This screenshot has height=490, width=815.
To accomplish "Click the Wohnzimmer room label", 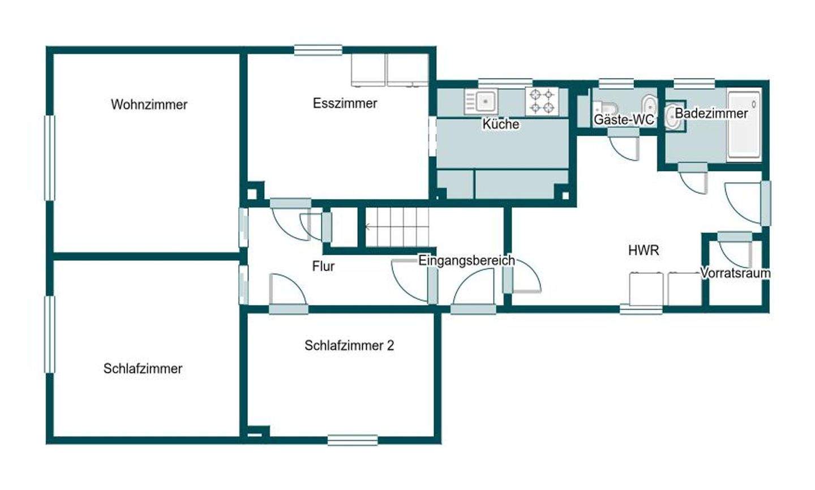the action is point(149,105).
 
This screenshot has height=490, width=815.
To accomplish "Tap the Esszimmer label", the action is point(345,104).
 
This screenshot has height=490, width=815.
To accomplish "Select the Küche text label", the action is point(501,124).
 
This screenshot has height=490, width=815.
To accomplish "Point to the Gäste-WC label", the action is point(624,119).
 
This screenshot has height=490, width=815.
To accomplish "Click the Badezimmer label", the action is point(711,114).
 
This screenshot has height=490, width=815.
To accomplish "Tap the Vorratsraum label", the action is point(735,273).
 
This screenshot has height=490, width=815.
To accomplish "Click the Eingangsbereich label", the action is point(466,260).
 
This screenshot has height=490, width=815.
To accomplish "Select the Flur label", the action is point(323,267).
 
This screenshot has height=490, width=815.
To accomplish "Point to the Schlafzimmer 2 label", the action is point(349,346).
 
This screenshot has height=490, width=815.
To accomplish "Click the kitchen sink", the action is point(481,101).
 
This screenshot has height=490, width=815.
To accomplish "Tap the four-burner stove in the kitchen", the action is point(542,101).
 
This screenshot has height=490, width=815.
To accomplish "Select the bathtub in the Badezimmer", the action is point(744,125).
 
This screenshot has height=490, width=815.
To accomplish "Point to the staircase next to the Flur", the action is point(397,227).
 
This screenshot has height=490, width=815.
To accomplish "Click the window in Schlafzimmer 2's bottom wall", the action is point(353,440).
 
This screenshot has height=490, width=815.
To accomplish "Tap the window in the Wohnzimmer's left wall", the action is point(49,157).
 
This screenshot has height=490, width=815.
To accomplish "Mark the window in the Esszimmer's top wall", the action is point(318,50).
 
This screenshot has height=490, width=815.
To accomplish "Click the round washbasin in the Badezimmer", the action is point(672,117).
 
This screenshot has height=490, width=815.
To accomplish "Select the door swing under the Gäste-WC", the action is point(624,146).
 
